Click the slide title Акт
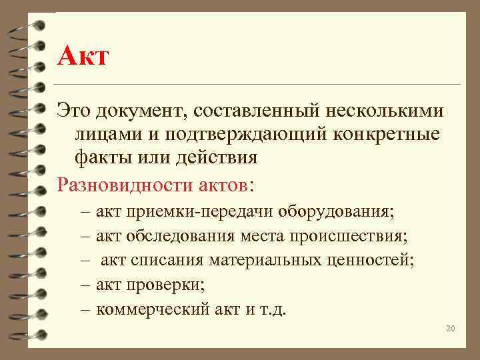(x=82, y=56)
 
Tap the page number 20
(x=450, y=329)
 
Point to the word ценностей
(x=377, y=260)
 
